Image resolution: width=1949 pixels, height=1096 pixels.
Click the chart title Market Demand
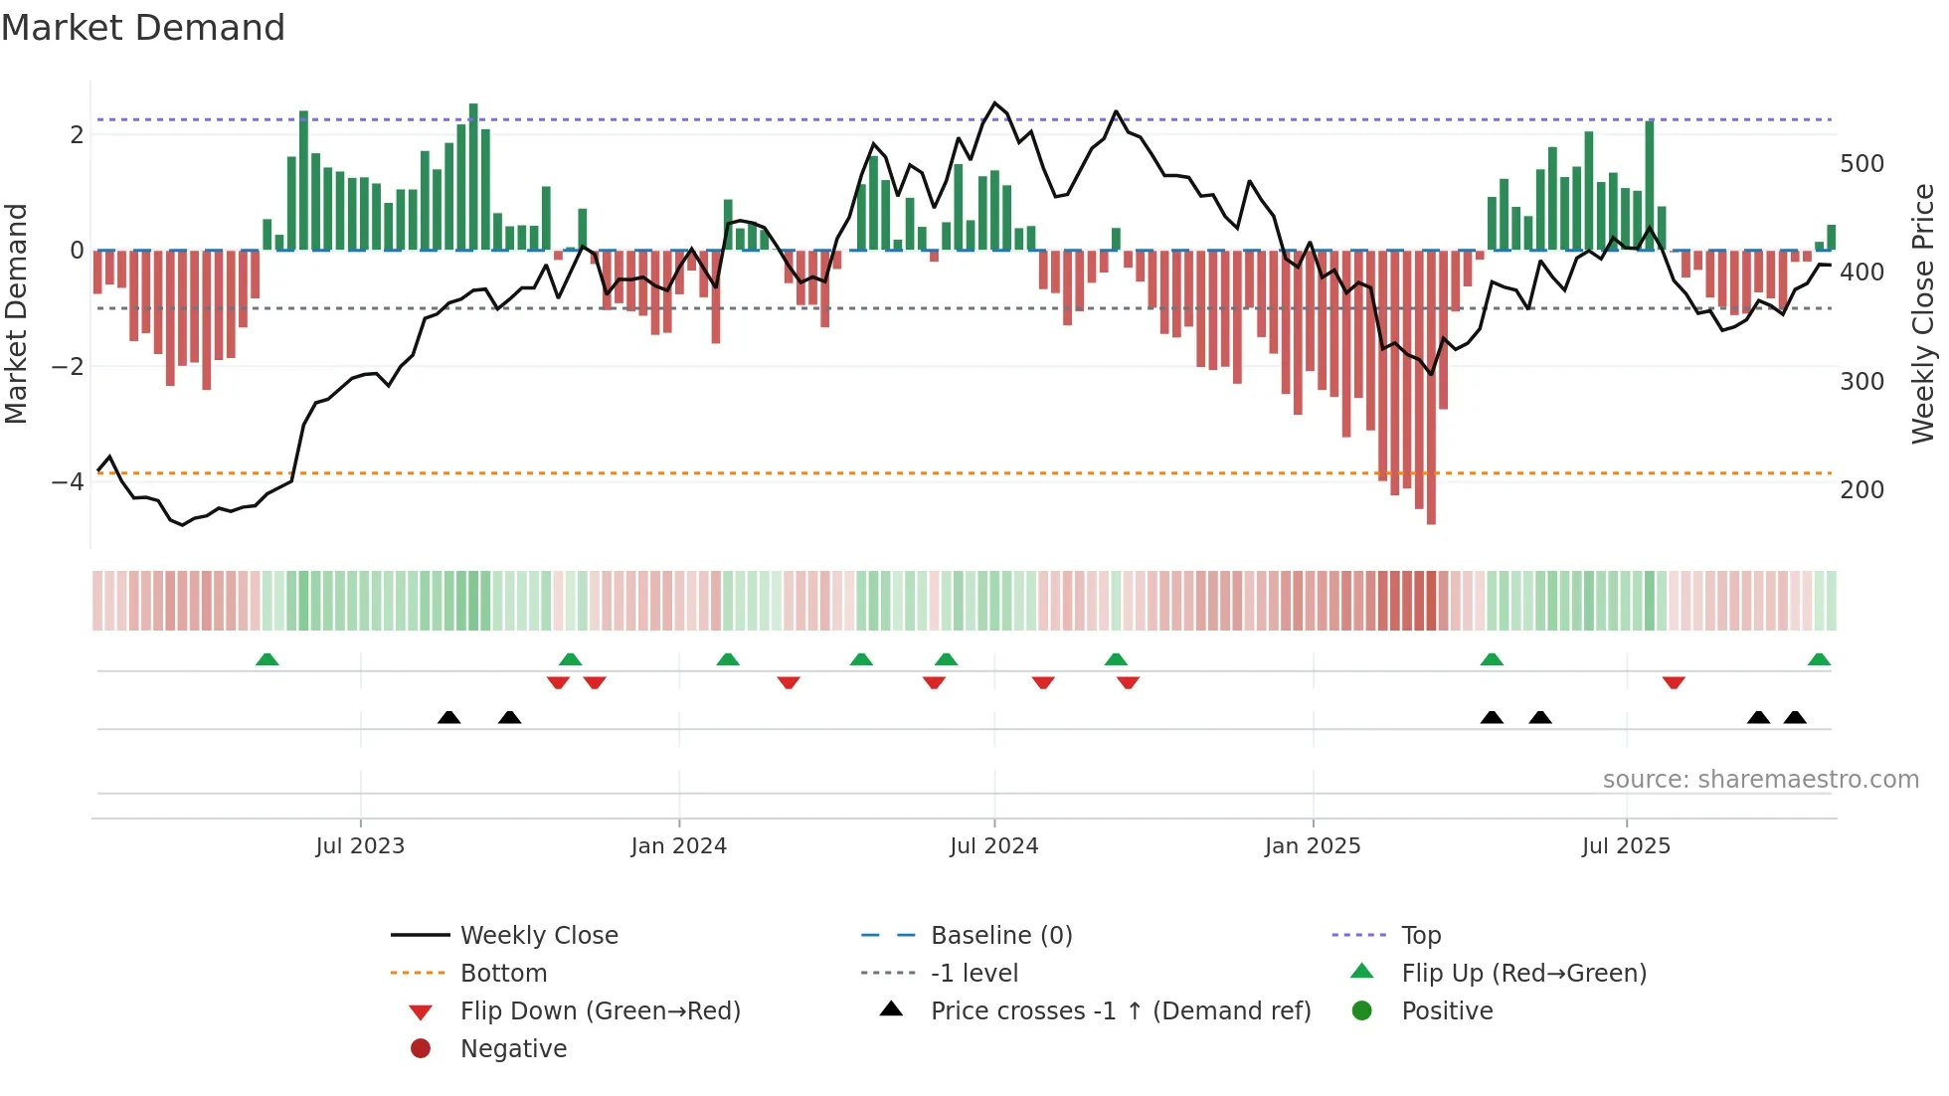click(143, 28)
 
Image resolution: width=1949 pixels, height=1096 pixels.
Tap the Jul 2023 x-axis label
click(360, 846)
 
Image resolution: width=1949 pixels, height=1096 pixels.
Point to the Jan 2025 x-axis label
click(1313, 846)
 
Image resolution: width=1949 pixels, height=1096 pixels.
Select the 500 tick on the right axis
click(1861, 163)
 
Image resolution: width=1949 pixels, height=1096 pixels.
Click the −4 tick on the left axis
click(69, 482)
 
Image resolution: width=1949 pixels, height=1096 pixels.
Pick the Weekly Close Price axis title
click(1923, 313)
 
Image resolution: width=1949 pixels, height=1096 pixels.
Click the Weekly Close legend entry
click(538, 936)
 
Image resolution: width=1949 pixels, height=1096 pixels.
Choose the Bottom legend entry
click(503, 974)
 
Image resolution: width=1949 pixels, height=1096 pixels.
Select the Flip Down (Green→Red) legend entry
click(600, 1011)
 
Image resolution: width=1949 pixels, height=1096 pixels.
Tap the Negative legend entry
click(513, 1049)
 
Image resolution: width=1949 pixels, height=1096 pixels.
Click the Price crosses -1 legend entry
click(1120, 1011)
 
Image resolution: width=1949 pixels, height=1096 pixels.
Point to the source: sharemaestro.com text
click(1760, 780)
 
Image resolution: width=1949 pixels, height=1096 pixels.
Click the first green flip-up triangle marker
click(266, 659)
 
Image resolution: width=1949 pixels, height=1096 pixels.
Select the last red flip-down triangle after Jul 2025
click(1674, 682)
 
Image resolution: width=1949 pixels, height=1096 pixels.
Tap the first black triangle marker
click(449, 717)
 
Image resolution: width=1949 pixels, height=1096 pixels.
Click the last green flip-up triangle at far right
click(1819, 659)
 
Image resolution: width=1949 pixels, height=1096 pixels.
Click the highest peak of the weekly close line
click(994, 103)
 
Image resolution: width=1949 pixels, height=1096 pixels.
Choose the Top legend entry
click(1420, 936)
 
